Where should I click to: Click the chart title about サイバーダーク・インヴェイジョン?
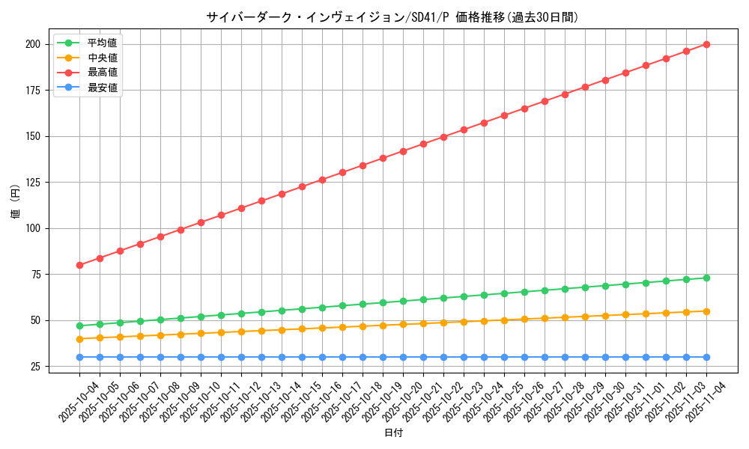[392, 17]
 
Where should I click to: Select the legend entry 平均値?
[103, 43]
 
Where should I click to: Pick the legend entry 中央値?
[103, 58]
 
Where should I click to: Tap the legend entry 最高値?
[103, 73]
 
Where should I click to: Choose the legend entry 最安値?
[103, 88]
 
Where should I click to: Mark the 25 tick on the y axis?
[34, 367]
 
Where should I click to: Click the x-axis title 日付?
[393, 433]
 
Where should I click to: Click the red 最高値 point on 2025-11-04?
[706, 44]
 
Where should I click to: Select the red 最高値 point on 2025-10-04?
[79, 265]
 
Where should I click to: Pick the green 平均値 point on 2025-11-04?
[706, 278]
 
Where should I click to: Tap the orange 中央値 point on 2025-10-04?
[79, 339]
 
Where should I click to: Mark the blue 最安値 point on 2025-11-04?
[706, 357]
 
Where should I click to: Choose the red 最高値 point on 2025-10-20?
[403, 151]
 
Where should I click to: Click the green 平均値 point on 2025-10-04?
[79, 326]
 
